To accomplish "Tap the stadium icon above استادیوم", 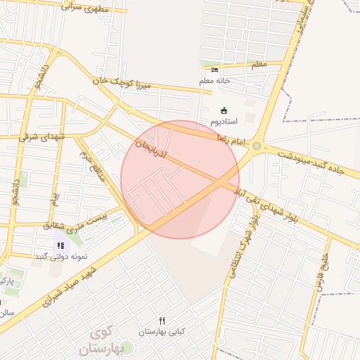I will pyautogui.click(x=224, y=110).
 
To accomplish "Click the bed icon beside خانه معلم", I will pyautogui.click(x=214, y=70).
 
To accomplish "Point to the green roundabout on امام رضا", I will pyautogui.click(x=257, y=146).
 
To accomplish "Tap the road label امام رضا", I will pyautogui.click(x=233, y=141).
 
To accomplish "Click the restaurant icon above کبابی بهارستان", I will pyautogui.click(x=162, y=321).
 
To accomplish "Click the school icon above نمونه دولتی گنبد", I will pyautogui.click(x=60, y=245).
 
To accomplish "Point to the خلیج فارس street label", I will pyautogui.click(x=323, y=263).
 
